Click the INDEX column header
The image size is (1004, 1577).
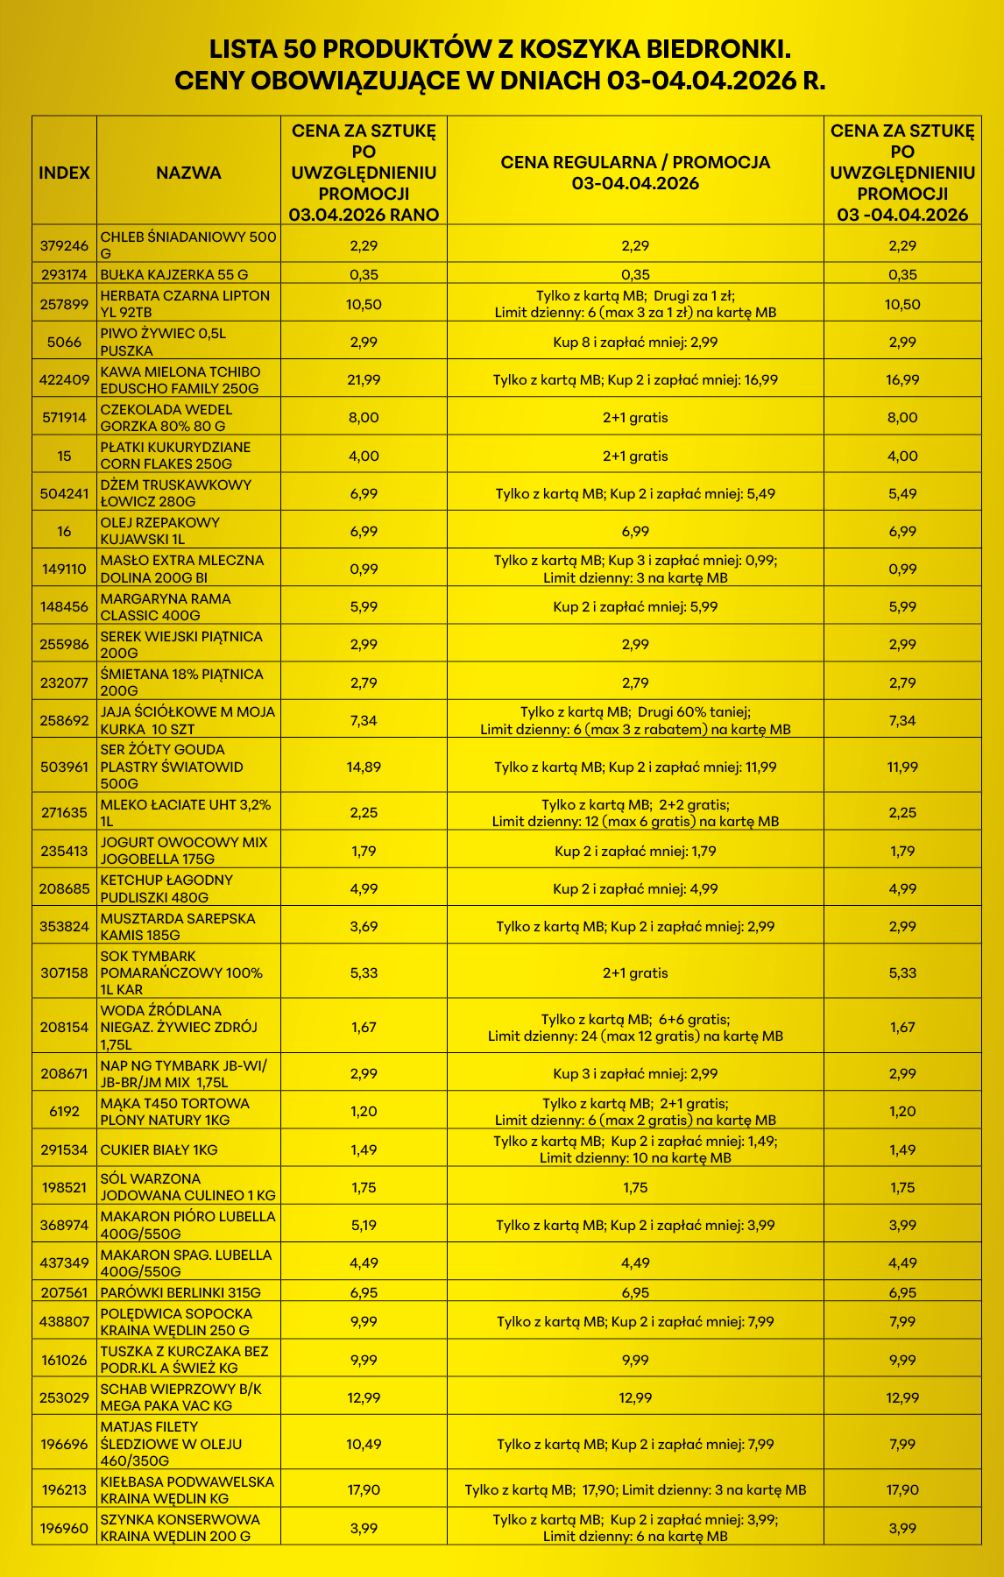(x=64, y=173)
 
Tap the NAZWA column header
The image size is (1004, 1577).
(x=188, y=173)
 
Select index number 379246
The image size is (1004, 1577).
(x=64, y=246)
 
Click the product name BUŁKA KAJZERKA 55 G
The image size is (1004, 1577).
(x=174, y=275)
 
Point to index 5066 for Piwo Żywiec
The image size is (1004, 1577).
(x=64, y=343)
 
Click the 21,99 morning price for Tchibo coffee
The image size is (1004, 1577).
(x=364, y=380)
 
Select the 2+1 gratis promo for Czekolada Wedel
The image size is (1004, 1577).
(x=635, y=418)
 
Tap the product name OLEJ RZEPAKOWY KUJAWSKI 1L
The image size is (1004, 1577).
(x=160, y=531)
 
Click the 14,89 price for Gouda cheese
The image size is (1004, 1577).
(x=364, y=767)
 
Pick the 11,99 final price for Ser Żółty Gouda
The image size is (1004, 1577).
(x=902, y=767)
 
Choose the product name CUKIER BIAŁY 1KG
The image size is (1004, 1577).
(x=159, y=1149)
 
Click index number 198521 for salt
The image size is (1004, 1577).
(x=64, y=1188)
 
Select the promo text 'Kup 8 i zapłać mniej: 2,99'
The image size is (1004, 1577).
(x=635, y=343)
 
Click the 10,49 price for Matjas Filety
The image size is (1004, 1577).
(x=364, y=1445)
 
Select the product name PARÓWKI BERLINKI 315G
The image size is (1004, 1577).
(x=180, y=1293)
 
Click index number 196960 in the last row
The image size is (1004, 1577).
(x=64, y=1529)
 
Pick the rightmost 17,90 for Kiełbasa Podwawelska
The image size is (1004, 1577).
(x=902, y=1490)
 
